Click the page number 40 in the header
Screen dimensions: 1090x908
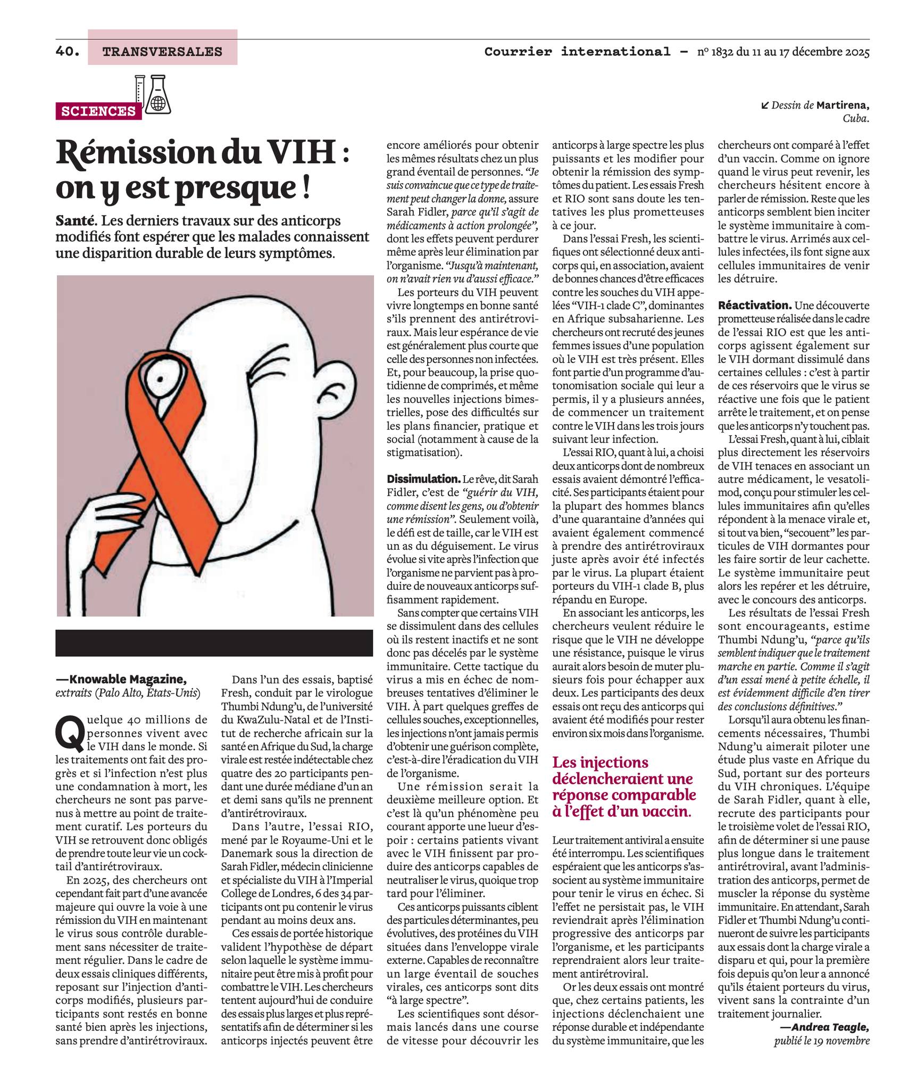[66, 52]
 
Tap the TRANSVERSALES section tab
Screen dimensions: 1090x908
[162, 52]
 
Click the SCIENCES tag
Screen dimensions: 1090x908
[98, 111]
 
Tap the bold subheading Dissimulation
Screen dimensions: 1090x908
[423, 478]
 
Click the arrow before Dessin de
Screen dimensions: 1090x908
[765, 105]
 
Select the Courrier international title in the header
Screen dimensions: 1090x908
[577, 52]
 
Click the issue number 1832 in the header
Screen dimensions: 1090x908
[722, 52]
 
